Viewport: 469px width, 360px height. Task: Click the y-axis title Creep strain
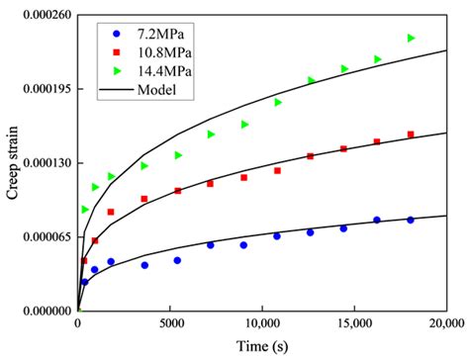coord(13,162)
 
